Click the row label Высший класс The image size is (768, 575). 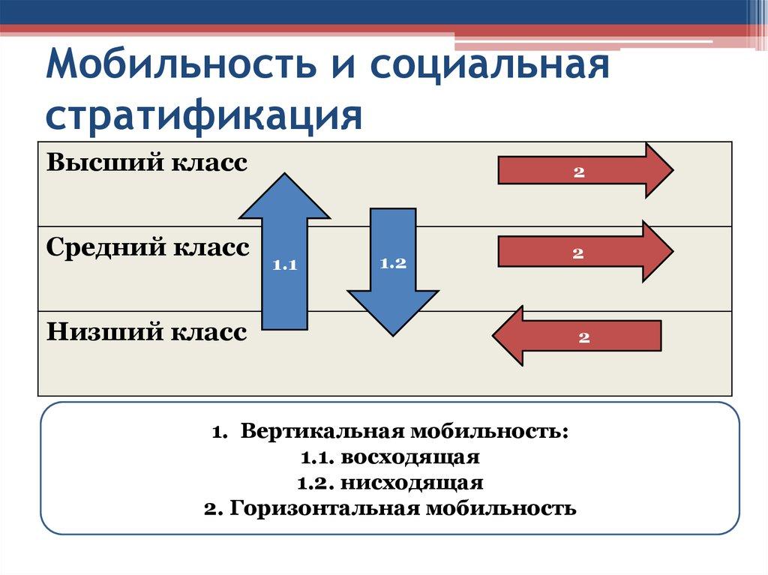pos(147,163)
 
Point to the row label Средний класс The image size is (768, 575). pos(148,247)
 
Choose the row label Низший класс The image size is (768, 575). pos(146,331)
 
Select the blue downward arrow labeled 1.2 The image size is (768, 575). pos(392,270)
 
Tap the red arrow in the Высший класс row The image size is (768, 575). pos(585,171)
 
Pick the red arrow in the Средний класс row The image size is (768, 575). pos(585,253)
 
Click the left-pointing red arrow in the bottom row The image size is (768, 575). pos(577,337)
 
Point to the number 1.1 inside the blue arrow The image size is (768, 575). pos(285,265)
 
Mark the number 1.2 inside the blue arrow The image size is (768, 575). pos(392,263)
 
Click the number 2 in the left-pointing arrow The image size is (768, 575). pos(584,337)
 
